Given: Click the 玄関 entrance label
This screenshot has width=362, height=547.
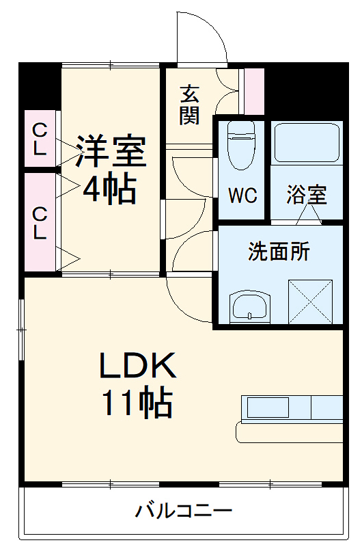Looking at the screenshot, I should [x=189, y=105].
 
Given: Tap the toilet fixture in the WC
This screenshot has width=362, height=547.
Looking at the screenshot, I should [x=240, y=146].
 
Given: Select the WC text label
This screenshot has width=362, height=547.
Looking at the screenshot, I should [x=242, y=196].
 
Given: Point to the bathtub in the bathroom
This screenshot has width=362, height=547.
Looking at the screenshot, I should [x=307, y=142].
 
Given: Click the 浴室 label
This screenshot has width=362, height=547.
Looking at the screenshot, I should [x=306, y=196].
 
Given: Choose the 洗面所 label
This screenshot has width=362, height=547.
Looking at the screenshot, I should [x=279, y=252].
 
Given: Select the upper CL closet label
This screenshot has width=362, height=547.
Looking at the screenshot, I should [x=40, y=139].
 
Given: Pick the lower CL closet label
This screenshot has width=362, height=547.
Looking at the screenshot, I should [x=40, y=223].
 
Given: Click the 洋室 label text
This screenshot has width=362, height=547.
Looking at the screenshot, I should [x=111, y=152].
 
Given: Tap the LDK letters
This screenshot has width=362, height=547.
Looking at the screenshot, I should [x=139, y=368].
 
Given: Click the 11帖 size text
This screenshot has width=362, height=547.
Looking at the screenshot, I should [x=137, y=403].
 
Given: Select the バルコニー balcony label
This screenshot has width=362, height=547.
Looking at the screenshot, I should [x=184, y=511].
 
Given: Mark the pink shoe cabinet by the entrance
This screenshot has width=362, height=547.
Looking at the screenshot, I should [x=254, y=92].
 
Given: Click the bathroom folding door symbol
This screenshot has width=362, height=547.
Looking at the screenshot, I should [x=308, y=215].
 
